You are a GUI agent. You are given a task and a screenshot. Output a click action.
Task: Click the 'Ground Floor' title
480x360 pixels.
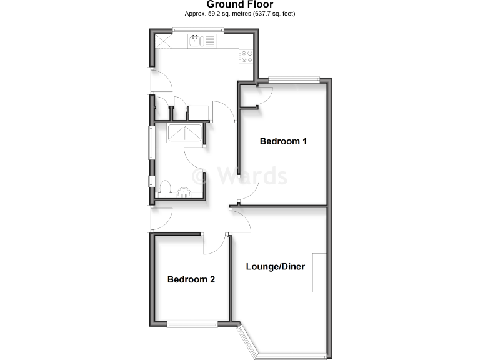point(240,4)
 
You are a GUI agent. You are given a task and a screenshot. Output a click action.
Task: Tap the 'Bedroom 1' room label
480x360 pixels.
point(283,141)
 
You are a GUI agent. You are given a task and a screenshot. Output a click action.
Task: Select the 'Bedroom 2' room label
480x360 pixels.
point(191,279)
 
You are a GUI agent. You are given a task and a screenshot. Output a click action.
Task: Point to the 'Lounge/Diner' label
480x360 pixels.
point(276,267)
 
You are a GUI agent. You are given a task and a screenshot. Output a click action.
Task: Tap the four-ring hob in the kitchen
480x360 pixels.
point(246,57)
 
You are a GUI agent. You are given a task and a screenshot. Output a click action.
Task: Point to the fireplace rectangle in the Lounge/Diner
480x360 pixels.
point(319,272)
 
